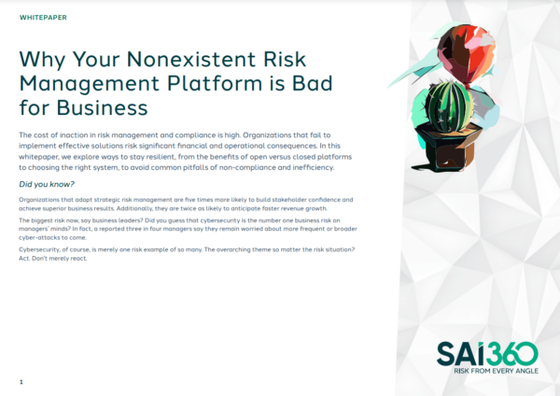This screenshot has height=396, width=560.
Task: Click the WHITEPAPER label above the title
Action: point(43,18)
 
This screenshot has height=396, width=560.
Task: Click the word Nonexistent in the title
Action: point(191,59)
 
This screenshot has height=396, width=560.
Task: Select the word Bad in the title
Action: point(312,83)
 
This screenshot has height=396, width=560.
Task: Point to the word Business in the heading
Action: point(102,107)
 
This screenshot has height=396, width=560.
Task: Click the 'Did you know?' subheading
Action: point(47,184)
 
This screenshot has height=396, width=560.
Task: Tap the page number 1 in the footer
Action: point(21,382)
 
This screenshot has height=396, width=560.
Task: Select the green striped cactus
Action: point(448,106)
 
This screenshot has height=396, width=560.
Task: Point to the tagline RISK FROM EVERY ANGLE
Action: point(496,371)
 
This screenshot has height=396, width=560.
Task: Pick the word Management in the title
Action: point(90,84)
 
